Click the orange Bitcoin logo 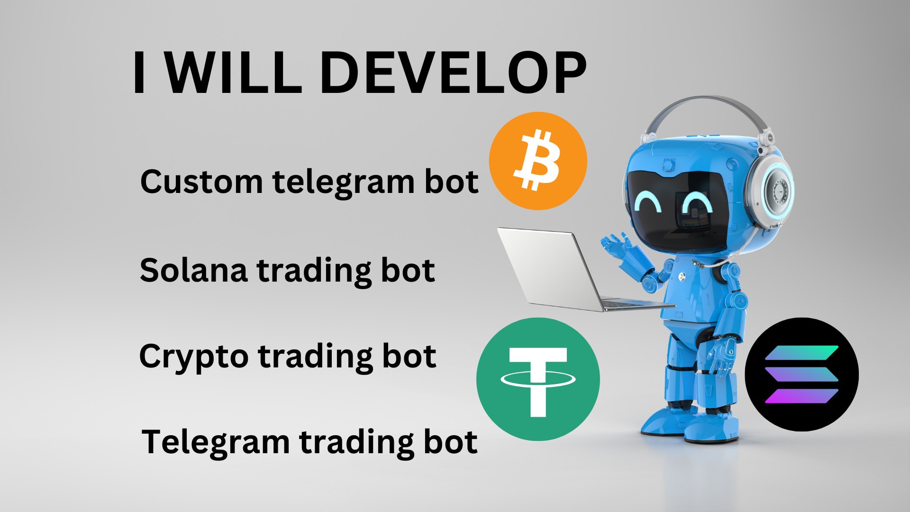tap(538, 161)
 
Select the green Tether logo tap(538, 379)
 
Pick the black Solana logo tap(801, 375)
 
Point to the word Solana tap(193, 270)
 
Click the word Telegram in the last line tap(216, 442)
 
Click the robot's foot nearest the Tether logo tap(664, 422)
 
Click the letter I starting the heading tap(139, 73)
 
